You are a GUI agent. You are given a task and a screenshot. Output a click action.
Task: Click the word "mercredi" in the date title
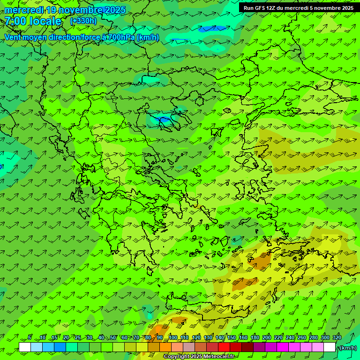click(x=24, y=10)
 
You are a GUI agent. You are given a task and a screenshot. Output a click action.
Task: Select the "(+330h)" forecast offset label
click(x=83, y=21)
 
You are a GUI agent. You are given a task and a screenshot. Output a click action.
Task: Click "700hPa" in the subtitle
click(x=121, y=37)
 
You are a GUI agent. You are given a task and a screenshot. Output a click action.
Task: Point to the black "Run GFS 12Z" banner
click(x=299, y=7)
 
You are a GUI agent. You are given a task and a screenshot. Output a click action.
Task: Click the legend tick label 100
click(x=173, y=337)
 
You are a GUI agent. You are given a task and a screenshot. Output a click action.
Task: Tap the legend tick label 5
click(x=30, y=337)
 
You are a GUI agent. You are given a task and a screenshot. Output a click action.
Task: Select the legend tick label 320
click(x=337, y=337)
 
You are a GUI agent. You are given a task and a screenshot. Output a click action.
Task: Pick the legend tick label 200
click(x=267, y=337)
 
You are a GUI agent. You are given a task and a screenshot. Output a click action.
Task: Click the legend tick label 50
click(x=113, y=337)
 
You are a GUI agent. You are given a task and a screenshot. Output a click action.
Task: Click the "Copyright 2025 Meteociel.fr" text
click(x=199, y=357)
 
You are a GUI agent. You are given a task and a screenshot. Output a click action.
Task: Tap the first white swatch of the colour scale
click(x=25, y=347)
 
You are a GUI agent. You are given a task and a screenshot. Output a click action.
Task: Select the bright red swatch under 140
click(x=224, y=347)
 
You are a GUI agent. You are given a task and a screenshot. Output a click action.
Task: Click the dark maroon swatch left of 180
click(x=247, y=347)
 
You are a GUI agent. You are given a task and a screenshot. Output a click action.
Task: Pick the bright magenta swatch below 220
click(x=283, y=347)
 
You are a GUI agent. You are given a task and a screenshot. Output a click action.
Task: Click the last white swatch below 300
click(x=330, y=347)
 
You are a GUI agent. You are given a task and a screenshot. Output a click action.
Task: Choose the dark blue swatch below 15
click(x=60, y=347)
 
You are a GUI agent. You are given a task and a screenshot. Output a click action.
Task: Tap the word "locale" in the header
click(x=45, y=21)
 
